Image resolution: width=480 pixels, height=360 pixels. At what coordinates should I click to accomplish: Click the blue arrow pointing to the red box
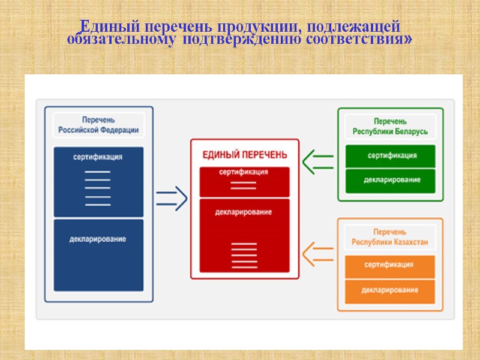point(171,199)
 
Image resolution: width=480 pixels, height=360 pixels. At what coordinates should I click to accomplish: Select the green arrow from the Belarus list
point(318,161)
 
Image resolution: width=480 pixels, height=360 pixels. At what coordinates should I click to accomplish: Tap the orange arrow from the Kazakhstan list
point(318,253)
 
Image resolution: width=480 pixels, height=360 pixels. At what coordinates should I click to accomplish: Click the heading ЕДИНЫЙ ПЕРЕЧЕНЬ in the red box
point(244,155)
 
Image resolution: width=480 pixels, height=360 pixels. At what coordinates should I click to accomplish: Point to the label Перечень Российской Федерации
point(98,125)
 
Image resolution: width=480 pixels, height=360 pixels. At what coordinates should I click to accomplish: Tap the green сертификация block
point(391,156)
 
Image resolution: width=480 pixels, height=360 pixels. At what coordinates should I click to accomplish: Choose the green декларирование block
point(391,180)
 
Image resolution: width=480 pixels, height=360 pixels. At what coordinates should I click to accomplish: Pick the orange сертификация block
point(390,265)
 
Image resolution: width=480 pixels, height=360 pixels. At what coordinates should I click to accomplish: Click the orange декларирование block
point(390,290)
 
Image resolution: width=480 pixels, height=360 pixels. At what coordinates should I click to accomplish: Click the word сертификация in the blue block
point(98,157)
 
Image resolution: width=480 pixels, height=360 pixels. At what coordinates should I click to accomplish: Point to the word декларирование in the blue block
point(98,239)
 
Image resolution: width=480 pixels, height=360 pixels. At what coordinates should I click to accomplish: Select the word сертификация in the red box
point(244,172)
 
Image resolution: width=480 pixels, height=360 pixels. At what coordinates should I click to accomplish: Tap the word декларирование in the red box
point(244,212)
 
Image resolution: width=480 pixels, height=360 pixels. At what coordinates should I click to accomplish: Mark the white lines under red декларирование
point(244,255)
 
